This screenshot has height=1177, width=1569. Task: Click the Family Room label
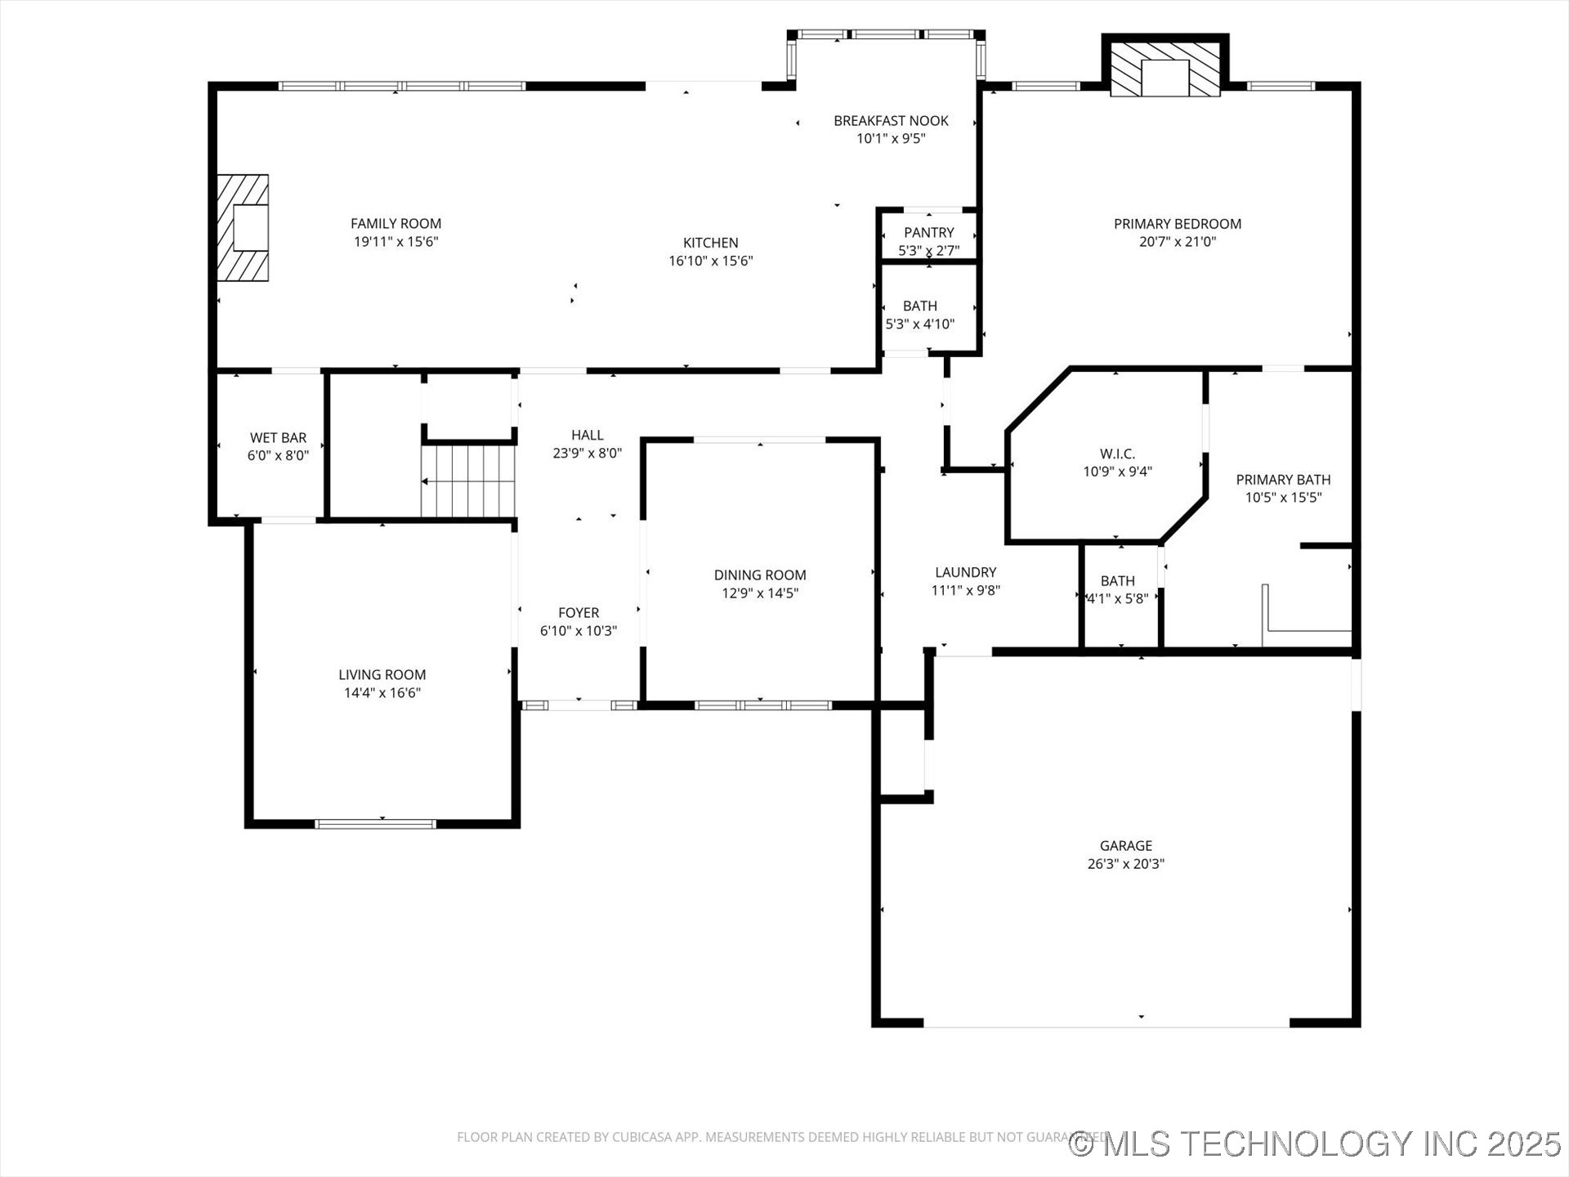coord(396,223)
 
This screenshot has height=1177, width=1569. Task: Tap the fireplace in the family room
coord(243,228)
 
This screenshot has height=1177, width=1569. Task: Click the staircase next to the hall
coord(467,481)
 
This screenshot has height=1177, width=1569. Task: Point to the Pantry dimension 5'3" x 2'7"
coord(928,251)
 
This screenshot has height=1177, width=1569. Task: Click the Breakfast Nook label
coord(891,121)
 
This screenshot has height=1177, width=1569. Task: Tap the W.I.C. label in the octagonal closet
coord(1117,454)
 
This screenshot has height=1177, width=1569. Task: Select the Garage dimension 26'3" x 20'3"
coord(1125,863)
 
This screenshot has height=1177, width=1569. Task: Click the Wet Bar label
coord(278,438)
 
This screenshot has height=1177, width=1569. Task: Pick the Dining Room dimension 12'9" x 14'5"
coord(759,593)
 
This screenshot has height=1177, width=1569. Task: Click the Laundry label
coord(965,572)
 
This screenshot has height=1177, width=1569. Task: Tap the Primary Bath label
coord(1283,480)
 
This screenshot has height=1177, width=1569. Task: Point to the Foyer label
coord(579,612)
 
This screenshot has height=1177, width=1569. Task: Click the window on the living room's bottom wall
coord(375,823)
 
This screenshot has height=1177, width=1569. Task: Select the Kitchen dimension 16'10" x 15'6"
coord(710,261)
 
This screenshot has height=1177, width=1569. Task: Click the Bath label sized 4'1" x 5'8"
coord(1117,581)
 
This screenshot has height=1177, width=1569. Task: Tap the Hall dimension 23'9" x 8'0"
coord(587,453)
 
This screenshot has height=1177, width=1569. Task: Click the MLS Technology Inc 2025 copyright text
coord(1315,1143)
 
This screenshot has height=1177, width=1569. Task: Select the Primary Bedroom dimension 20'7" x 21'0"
coord(1177,241)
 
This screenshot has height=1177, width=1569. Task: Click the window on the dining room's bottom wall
coord(762,705)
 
